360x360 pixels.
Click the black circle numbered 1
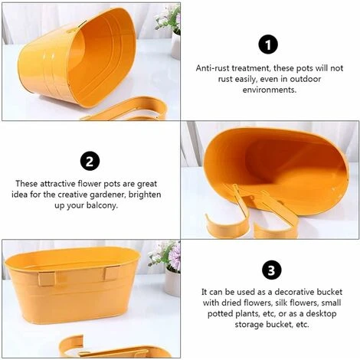(x=268, y=45)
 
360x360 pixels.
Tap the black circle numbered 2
(x=90, y=162)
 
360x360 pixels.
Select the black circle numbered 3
(x=271, y=270)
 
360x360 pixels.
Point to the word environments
(x=270, y=90)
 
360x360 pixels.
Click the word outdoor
(x=305, y=79)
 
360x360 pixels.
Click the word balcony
(x=102, y=205)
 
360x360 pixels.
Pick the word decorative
(x=294, y=292)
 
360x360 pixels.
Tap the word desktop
(x=321, y=313)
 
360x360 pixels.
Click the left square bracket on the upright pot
(x=47, y=279)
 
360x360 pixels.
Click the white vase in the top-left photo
(x=176, y=45)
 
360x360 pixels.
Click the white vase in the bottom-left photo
(x=172, y=281)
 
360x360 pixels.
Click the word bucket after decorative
(x=329, y=292)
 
